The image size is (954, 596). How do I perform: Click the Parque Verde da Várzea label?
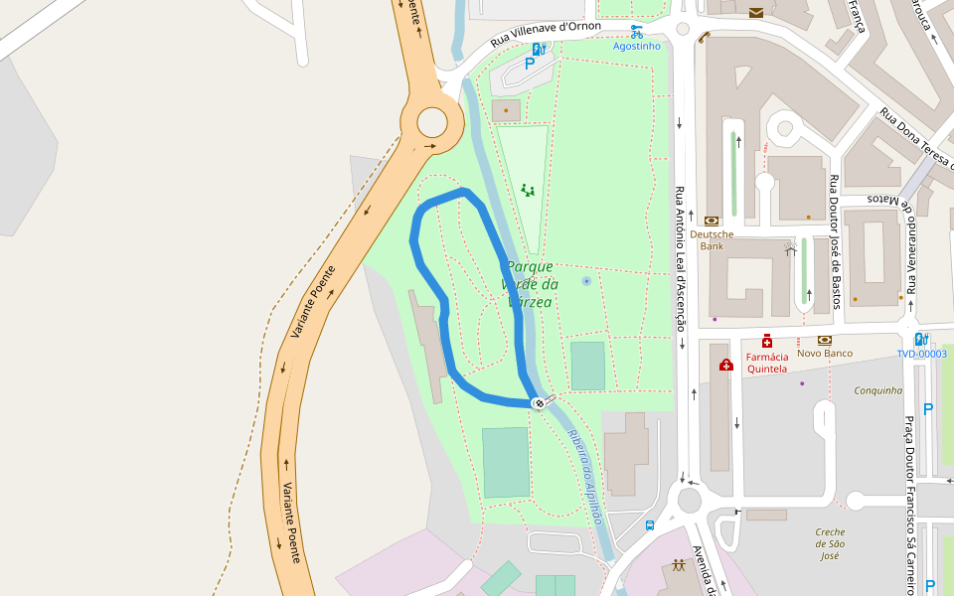[x=530, y=284]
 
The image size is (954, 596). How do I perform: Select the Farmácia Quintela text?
[x=767, y=363]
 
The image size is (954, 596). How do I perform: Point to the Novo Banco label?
[x=824, y=354]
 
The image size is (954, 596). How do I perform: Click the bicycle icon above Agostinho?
[x=636, y=32]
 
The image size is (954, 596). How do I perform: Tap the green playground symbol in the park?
[x=528, y=189]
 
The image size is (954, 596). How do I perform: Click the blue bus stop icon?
[x=650, y=525]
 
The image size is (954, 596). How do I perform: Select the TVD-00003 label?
[x=921, y=354]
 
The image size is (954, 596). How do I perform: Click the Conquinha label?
[x=878, y=390]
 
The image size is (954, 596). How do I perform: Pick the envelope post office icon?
[x=756, y=12]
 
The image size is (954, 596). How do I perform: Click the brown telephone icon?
[x=704, y=38]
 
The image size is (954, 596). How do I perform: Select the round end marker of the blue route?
[x=539, y=402]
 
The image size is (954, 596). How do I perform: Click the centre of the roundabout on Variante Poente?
[x=432, y=122]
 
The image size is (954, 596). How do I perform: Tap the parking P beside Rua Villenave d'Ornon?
[x=530, y=64]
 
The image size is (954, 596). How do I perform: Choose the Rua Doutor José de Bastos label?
[x=836, y=241]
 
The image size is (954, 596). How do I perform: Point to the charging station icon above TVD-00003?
[x=921, y=339]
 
